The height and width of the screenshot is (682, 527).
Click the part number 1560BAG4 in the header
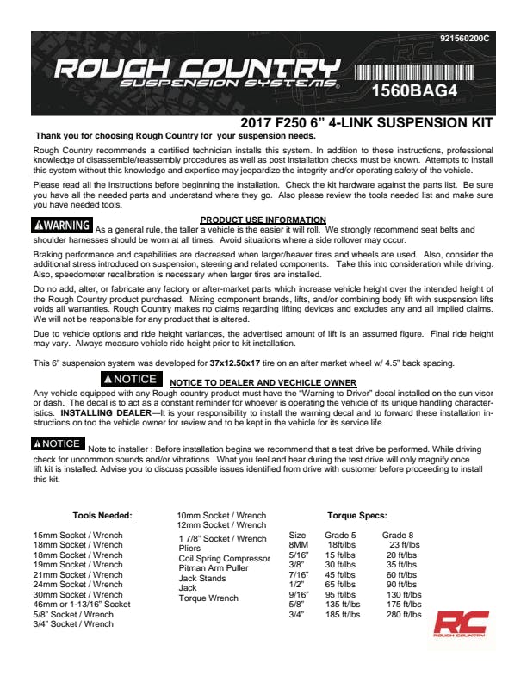point(413,88)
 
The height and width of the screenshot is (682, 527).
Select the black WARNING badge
point(61,226)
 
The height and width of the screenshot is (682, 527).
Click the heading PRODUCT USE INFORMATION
point(263,220)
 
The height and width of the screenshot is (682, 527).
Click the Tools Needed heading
point(102,515)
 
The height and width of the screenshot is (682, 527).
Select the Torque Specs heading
point(356,515)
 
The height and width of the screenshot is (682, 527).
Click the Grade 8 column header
point(398,535)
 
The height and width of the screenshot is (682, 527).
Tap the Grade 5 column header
point(341,535)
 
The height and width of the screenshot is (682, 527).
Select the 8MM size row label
point(297,545)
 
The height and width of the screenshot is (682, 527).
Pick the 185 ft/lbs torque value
point(343,614)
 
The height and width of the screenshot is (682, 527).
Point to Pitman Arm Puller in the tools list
point(213,568)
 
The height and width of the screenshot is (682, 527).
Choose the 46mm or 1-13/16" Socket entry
point(82,604)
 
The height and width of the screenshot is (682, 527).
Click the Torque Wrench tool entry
point(208,598)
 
